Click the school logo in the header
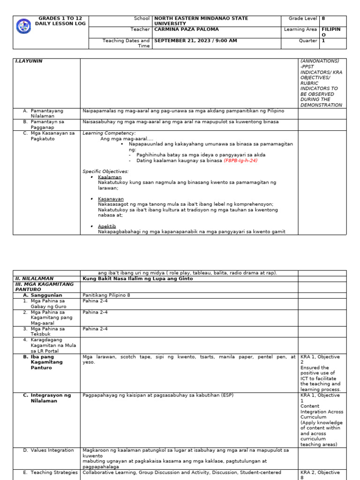23,26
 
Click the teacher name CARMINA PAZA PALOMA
186,29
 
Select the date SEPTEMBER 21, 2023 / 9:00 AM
195,41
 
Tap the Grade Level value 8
323,18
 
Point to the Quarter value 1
323,41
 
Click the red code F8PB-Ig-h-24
240,160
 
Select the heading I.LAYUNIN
29,61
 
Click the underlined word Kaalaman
110,177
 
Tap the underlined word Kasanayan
111,199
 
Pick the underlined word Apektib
107,226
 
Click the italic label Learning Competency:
109,133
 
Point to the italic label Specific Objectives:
105,172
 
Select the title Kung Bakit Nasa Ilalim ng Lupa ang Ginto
138,278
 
